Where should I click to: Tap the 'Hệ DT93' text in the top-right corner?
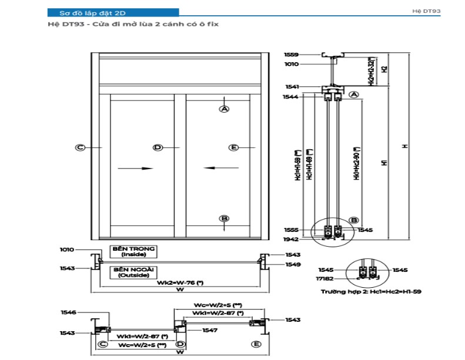tap(427, 11)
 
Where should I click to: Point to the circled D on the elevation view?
tap(157, 147)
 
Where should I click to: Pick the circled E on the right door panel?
tap(233, 147)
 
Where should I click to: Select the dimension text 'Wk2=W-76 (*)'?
tap(179, 282)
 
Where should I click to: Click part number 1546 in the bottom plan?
tap(68, 313)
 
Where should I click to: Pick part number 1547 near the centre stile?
tap(209, 331)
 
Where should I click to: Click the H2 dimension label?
tap(384, 69)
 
